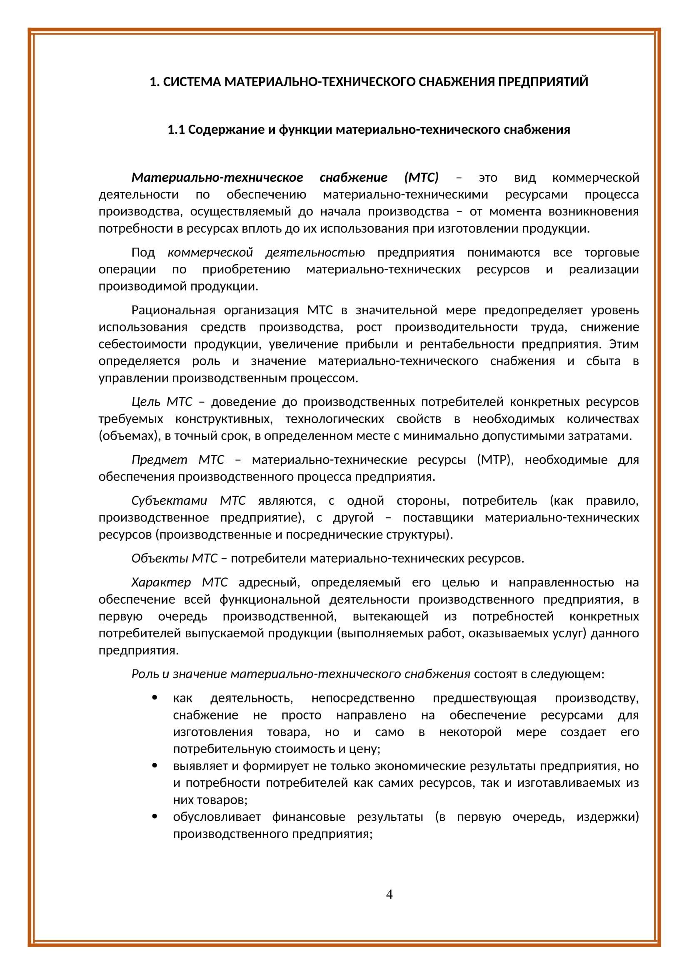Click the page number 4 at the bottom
point(389,895)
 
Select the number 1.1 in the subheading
point(176,130)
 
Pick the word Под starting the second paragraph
point(143,253)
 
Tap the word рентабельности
point(467,344)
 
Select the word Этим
point(624,344)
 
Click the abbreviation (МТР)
point(495,460)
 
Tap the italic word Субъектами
point(169,501)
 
